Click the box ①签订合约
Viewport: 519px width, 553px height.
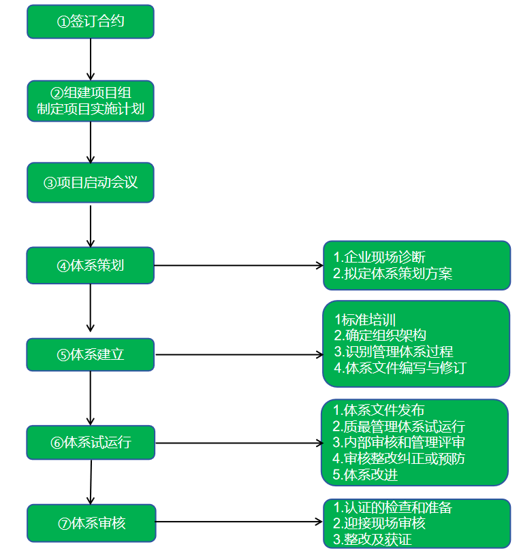(x=91, y=22)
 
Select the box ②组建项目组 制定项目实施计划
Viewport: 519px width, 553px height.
(x=91, y=101)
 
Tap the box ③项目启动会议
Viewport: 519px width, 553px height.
(x=91, y=182)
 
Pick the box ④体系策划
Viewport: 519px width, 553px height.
(x=91, y=265)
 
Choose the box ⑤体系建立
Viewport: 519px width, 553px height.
(x=91, y=354)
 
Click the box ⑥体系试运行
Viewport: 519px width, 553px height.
(x=91, y=442)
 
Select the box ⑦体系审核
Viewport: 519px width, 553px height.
(x=91, y=523)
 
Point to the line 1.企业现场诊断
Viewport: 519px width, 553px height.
(x=379, y=257)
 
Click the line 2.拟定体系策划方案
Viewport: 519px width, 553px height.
(x=393, y=273)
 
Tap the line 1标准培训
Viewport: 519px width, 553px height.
(x=364, y=319)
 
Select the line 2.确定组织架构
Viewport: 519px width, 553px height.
(x=379, y=335)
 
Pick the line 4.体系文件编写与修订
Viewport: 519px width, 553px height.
(x=400, y=368)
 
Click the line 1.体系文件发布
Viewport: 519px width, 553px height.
(x=378, y=410)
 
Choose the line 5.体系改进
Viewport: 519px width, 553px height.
(x=365, y=475)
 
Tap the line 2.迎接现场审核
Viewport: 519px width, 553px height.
(x=379, y=523)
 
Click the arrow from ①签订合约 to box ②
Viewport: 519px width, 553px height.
(x=91, y=59)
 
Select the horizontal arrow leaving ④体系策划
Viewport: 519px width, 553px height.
(x=238, y=265)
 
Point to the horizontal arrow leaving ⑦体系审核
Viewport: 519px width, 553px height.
(x=238, y=523)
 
